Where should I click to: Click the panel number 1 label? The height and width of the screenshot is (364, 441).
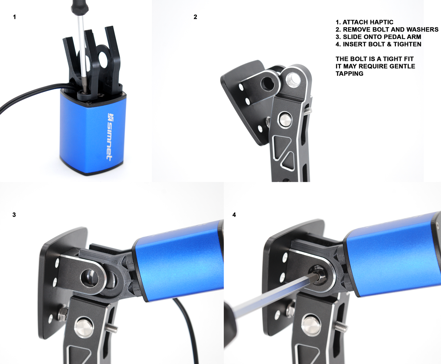14,17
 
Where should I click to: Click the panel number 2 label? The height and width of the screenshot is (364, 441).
195,17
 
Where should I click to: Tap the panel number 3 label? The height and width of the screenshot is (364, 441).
14,215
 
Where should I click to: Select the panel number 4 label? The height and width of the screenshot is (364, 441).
234,215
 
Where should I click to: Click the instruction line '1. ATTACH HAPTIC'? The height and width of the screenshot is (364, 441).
364,22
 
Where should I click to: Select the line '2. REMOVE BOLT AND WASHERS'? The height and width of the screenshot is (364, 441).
387,30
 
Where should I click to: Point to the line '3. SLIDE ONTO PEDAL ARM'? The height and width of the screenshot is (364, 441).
378,37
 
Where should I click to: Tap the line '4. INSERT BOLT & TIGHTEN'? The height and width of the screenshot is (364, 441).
378,44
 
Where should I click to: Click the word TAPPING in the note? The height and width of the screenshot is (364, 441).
349,74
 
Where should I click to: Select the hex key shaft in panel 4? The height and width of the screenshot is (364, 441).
275,293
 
